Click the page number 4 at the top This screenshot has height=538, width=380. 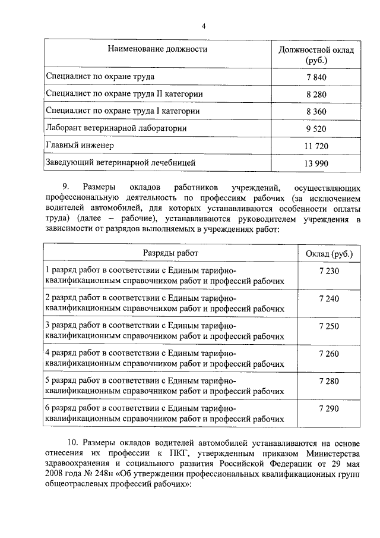pos(204,26)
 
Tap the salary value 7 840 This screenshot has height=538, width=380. pos(316,78)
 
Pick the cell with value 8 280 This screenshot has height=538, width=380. pos(316,95)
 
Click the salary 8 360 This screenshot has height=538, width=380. pos(316,111)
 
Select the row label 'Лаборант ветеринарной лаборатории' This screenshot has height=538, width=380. pos(116,128)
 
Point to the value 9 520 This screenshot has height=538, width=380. pos(316,128)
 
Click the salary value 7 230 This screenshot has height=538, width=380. pos(329,271)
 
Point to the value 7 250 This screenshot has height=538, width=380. pos(329,326)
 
